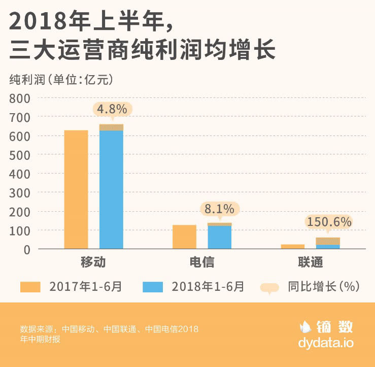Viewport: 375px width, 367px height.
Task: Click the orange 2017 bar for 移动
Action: tap(76, 189)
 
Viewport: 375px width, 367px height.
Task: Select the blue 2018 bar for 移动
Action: tap(111, 189)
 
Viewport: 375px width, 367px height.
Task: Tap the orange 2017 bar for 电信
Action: tap(184, 237)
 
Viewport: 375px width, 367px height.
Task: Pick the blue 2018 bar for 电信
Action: tap(220, 237)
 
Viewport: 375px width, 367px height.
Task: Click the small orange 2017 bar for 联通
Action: tap(293, 247)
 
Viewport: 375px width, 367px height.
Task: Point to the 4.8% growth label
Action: tap(112, 109)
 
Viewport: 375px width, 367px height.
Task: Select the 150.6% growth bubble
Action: tap(328, 222)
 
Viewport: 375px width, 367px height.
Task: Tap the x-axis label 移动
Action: tap(93, 262)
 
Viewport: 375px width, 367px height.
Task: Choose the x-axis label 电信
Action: tap(201, 262)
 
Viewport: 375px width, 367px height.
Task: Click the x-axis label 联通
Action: tap(310, 262)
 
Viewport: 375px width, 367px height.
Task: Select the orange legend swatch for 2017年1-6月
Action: tap(31, 287)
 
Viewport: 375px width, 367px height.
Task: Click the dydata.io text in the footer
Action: tap(326, 343)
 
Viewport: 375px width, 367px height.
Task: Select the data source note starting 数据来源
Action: tap(109, 334)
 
